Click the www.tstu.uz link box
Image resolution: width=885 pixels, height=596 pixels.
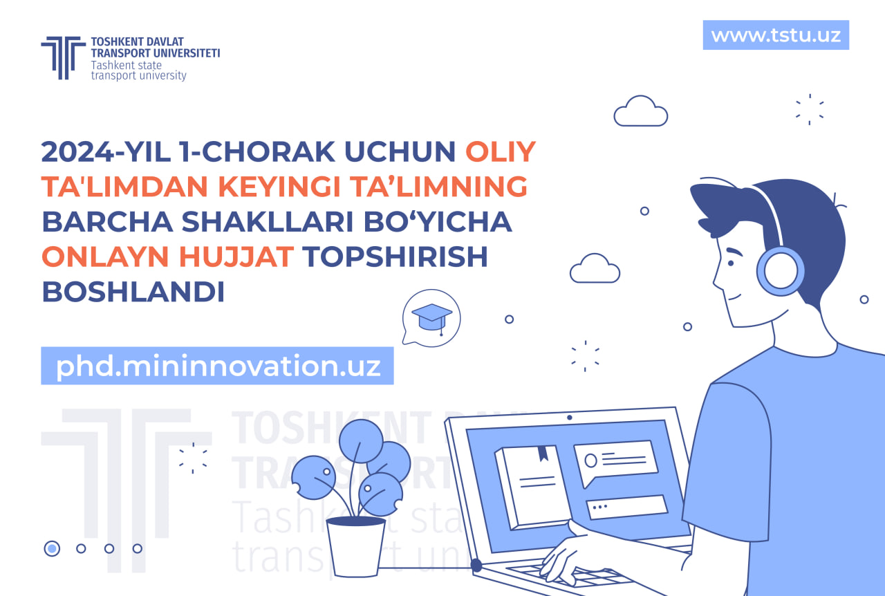tap(776, 35)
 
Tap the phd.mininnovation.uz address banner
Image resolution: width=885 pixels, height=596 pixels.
tap(217, 366)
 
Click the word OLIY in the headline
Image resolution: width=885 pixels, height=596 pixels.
tap(500, 152)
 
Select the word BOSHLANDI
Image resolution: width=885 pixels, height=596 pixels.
tap(133, 292)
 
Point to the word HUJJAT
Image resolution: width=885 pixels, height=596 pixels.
tap(236, 257)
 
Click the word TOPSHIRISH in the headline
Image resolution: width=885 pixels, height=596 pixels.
tap(395, 257)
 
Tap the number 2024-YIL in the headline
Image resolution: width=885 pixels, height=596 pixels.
tap(106, 152)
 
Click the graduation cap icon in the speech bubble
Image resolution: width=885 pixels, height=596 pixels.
tap(432, 317)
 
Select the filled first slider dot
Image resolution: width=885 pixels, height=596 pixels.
tap(52, 548)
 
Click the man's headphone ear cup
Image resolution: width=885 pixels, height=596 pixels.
tap(780, 272)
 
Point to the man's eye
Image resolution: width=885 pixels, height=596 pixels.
tap(731, 263)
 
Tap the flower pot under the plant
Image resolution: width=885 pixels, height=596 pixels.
tap(355, 548)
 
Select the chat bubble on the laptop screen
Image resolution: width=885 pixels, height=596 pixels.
tap(615, 461)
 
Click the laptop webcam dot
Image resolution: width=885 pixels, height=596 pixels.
tap(569, 418)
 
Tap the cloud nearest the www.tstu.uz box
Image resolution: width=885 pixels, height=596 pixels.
tap(641, 111)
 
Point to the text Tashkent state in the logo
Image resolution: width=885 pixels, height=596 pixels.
tap(127, 65)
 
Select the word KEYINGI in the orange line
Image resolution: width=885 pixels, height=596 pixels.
tap(279, 187)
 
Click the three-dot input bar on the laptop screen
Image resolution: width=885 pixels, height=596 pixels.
tap(626, 507)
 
